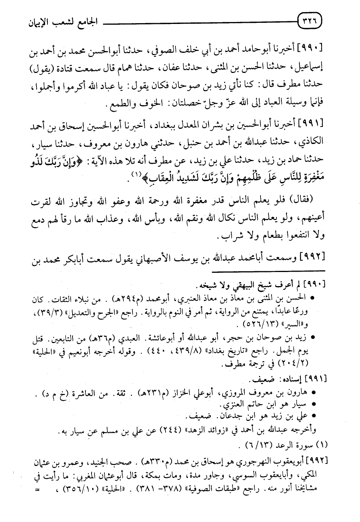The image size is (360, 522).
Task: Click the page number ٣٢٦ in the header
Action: [311, 21]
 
